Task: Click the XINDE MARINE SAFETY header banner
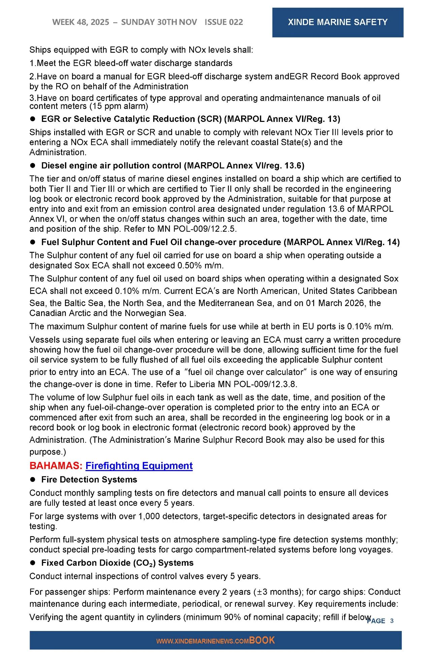tap(337, 22)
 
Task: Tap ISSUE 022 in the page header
tap(224, 22)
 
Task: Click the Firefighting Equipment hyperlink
tap(139, 466)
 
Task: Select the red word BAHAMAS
tap(56, 466)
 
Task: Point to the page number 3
tap(392, 621)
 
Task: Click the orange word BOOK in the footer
tap(262, 640)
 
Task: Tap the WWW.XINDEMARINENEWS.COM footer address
tap(202, 641)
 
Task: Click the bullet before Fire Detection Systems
tap(33, 479)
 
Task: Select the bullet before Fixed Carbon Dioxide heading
tap(33, 563)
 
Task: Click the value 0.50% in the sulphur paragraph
tap(189, 266)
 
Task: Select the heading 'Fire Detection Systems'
tap(89, 479)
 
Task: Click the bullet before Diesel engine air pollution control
tap(33, 166)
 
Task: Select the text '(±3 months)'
tap(274, 592)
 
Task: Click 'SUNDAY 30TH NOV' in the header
tap(159, 22)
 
